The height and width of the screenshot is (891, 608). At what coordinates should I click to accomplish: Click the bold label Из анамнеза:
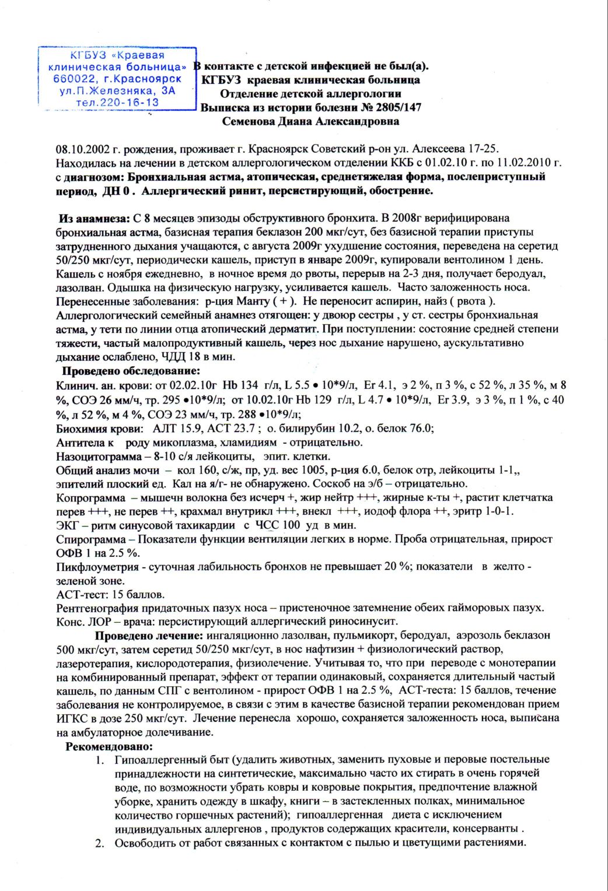point(94,218)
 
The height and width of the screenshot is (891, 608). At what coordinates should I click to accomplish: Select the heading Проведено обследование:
point(131,371)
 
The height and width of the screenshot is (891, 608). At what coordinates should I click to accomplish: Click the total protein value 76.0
point(421,429)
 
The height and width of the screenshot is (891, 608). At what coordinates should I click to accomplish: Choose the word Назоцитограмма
point(99,457)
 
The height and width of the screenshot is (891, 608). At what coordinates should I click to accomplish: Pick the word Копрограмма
point(90,498)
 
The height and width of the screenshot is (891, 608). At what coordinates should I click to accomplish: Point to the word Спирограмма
point(91,539)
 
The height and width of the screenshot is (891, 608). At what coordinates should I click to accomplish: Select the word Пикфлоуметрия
point(97,567)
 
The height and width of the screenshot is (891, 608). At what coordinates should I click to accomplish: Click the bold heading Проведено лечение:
point(149,636)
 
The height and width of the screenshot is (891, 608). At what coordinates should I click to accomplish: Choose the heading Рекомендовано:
point(109,746)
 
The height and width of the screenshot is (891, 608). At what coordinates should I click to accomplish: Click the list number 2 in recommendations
point(100,843)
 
